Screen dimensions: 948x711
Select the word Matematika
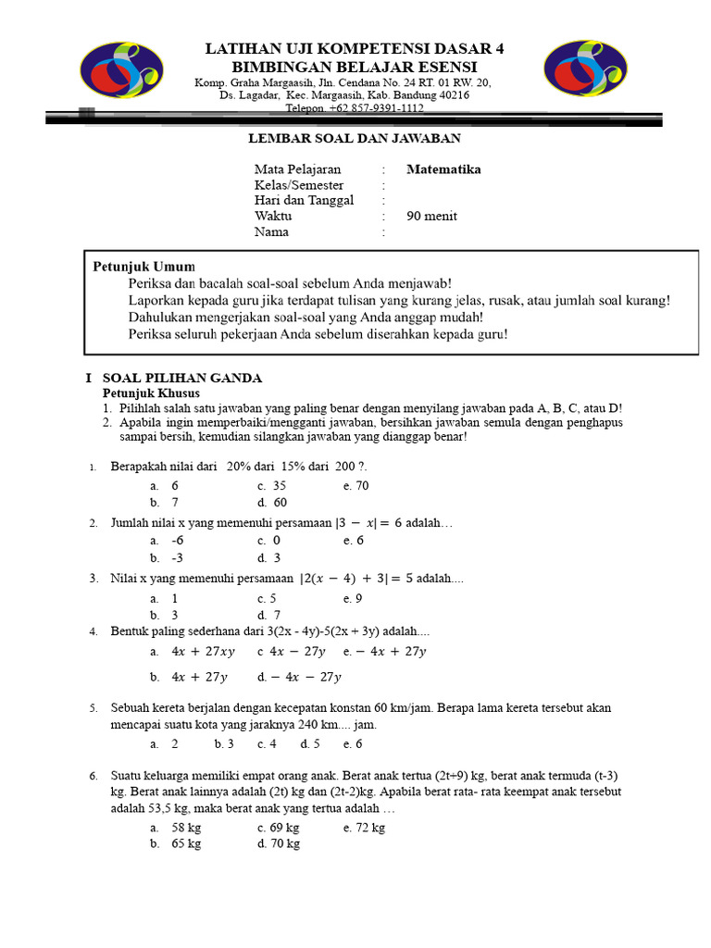coord(443,169)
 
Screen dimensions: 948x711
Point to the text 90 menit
coord(431,217)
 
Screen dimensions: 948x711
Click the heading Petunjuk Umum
coord(143,267)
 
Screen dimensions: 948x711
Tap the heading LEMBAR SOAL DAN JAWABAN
coord(355,139)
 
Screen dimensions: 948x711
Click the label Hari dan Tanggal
coord(304,201)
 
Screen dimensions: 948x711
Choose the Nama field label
coord(271,232)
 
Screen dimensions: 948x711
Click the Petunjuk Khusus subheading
coord(151,393)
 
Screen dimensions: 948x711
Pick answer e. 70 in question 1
coord(355,485)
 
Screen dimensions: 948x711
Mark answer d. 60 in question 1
coord(273,503)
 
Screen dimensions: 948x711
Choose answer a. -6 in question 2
coord(168,540)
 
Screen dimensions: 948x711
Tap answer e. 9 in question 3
coord(353,598)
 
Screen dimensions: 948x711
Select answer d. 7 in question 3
coord(269,615)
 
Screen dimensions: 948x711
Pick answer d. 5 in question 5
coord(310,743)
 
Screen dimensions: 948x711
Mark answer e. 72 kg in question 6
coord(364,827)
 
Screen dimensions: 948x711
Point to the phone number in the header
coord(355,108)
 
